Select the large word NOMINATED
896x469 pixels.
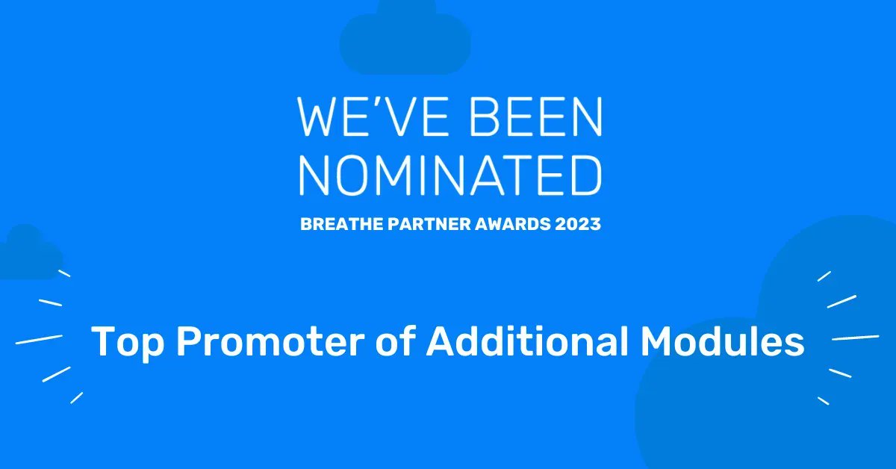click(x=450, y=176)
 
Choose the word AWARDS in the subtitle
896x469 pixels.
click(x=513, y=224)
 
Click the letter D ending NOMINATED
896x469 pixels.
click(x=585, y=176)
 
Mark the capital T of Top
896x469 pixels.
click(x=103, y=342)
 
